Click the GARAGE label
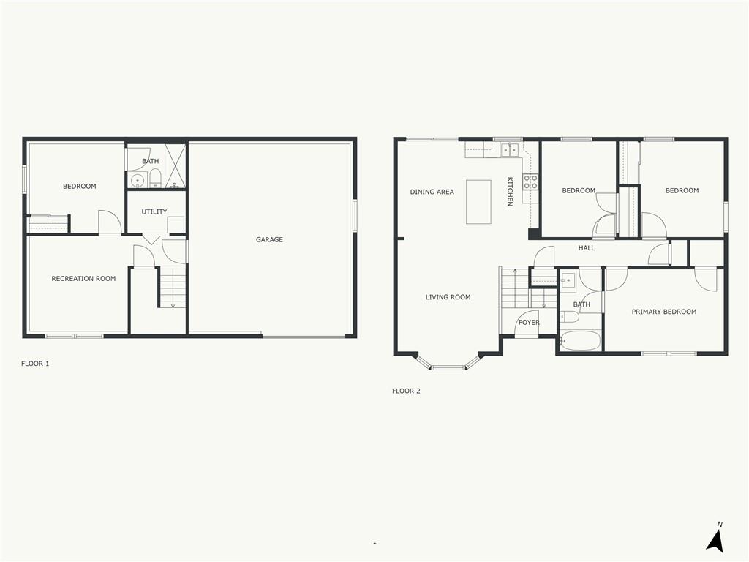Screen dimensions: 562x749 tap(269, 240)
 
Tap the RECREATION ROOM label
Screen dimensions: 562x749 tap(83, 279)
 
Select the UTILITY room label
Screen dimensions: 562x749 tap(154, 212)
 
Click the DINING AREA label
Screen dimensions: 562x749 tap(432, 192)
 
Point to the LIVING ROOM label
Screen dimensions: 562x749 tap(448, 298)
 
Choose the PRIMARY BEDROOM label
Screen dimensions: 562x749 tap(663, 312)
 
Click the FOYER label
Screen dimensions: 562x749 tap(529, 323)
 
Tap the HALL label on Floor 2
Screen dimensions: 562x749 tap(587, 248)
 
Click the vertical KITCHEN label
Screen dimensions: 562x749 tap(511, 191)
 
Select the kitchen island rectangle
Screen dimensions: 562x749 tap(478, 202)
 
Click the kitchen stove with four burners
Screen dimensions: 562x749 tap(531, 181)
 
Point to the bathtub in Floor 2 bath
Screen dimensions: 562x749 tap(580, 341)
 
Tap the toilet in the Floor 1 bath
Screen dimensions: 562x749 tap(155, 179)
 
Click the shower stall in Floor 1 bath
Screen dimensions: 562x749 tap(175, 166)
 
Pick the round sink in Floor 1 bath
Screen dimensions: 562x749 tap(136, 180)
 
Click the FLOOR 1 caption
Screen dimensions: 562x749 tap(35, 364)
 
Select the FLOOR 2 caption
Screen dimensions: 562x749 tap(406, 391)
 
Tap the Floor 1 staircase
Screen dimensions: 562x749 tap(173, 288)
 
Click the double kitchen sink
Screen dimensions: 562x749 tap(510, 150)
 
